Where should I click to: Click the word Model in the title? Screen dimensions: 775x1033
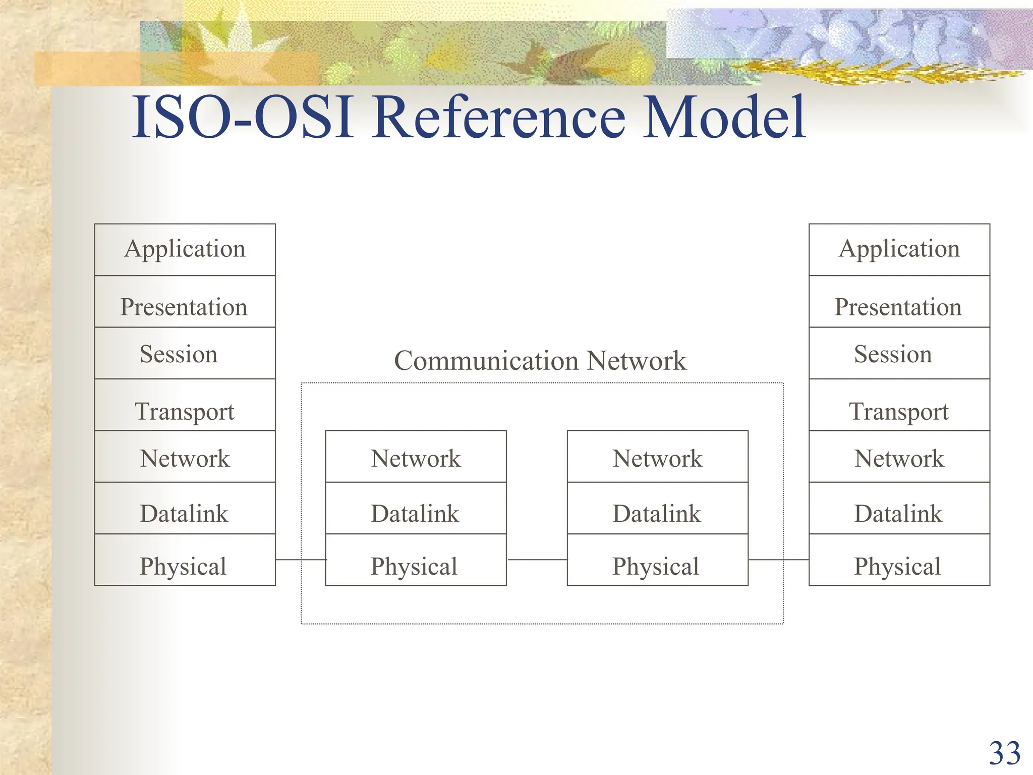coord(724,119)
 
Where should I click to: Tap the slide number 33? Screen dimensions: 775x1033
coord(1004,754)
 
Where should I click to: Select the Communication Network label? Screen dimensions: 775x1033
coord(540,361)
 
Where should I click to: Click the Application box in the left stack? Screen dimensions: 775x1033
coord(185,250)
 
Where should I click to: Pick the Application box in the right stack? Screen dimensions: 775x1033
coord(899,250)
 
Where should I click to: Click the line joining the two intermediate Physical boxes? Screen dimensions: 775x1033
coord(537,560)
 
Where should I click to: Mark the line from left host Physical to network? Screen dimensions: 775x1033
coord(301,560)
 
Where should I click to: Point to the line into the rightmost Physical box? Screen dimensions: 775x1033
coord(779,560)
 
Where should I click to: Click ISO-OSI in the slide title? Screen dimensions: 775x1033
coord(242,119)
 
